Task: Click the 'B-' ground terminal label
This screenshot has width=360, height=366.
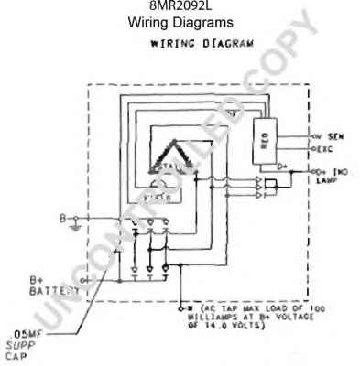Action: click(x=63, y=218)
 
